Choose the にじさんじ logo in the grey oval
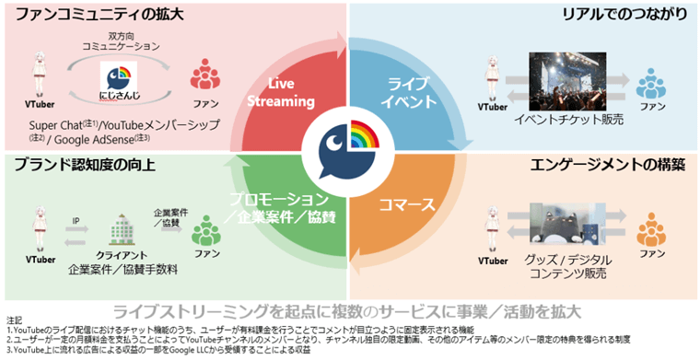tap(122, 80)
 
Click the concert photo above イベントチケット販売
tap(574, 81)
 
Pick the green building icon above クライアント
tap(122, 227)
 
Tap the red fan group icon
tap(204, 75)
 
